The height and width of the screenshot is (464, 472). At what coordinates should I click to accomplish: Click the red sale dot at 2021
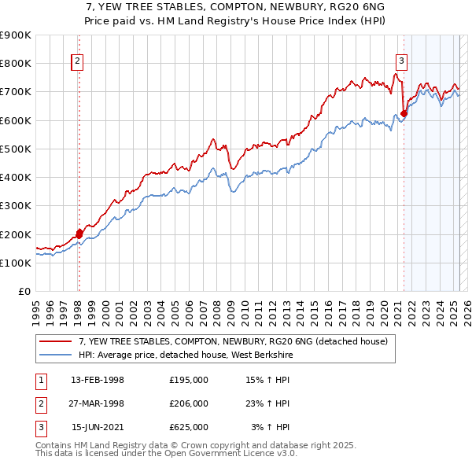pos(404,113)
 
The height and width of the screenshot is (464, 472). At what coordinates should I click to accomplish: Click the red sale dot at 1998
pos(79,233)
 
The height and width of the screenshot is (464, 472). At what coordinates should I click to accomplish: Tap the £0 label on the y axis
pos(24,291)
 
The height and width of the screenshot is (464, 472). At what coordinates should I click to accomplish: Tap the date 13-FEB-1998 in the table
pos(98,380)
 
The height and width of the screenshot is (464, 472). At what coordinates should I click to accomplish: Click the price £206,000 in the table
pos(189,403)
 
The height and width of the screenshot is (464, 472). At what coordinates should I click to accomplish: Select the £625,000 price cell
pos(189,427)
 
